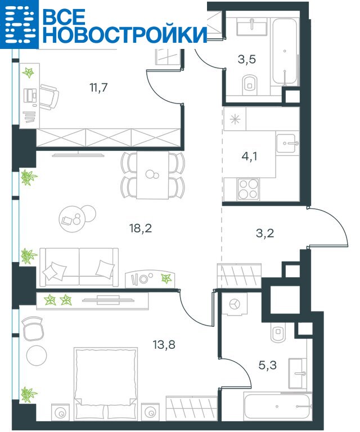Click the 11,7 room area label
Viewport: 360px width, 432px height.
click(x=98, y=88)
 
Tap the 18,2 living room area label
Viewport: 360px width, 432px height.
click(x=141, y=228)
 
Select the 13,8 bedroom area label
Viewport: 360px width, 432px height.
click(x=164, y=344)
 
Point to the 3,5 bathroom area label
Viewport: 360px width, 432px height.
click(x=247, y=59)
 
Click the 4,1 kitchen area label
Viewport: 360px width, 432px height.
click(x=249, y=156)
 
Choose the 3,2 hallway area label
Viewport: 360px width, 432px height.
click(x=265, y=233)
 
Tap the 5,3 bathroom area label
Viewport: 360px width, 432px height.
click(x=268, y=365)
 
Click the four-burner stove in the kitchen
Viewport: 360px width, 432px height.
click(x=249, y=189)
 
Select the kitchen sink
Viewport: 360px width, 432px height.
click(x=287, y=143)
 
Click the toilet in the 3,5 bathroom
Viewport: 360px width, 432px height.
click(x=250, y=84)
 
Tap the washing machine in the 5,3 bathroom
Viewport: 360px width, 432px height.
click(x=235, y=304)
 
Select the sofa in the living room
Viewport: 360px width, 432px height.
click(x=79, y=267)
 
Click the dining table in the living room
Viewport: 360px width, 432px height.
click(x=152, y=175)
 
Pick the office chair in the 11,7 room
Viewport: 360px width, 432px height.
click(x=49, y=96)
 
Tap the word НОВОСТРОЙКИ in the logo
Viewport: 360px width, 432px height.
click(x=125, y=34)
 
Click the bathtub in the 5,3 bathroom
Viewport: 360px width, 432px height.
click(x=277, y=407)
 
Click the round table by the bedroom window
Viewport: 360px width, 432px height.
click(x=37, y=355)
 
